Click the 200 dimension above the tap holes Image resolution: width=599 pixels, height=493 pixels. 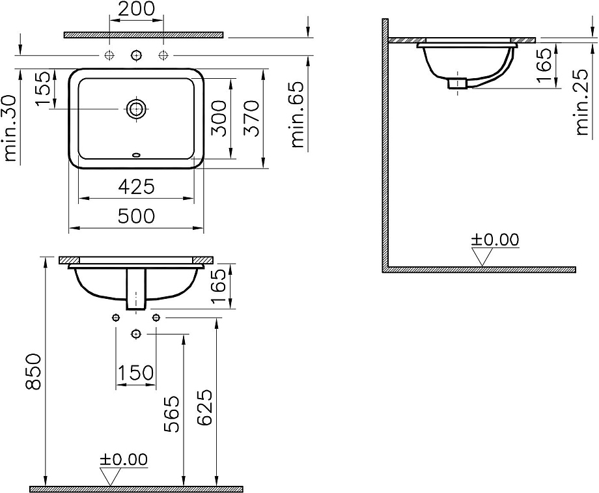click(137, 8)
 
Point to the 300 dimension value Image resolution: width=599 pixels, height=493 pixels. click(220, 117)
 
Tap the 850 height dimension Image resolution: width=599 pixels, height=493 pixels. click(33, 371)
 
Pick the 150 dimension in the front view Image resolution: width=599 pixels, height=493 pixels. click(136, 373)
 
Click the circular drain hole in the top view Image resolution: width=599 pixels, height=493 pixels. click(136, 109)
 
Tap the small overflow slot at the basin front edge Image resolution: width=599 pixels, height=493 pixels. click(136, 155)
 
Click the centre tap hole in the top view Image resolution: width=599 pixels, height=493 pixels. click(136, 54)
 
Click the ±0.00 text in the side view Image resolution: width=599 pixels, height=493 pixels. click(495, 240)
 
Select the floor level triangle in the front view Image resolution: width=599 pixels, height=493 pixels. click(112, 477)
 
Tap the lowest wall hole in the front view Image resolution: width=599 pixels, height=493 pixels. click(136, 334)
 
